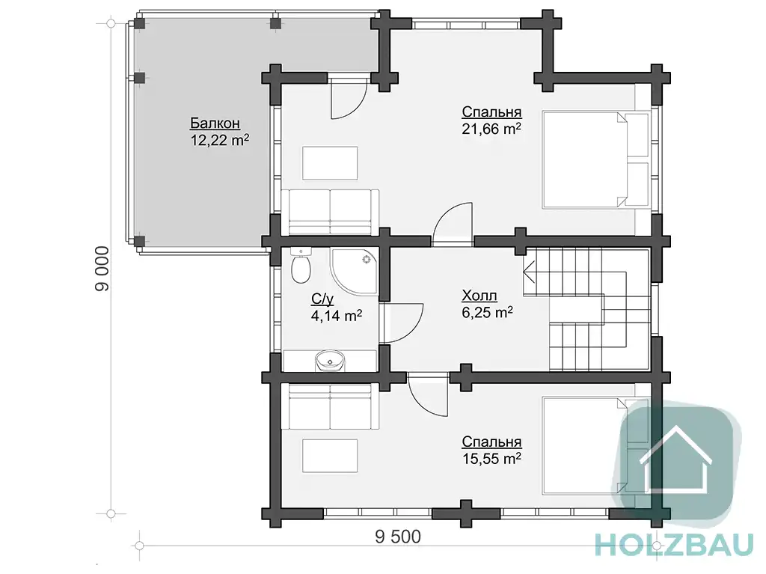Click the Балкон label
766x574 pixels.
(x=215, y=123)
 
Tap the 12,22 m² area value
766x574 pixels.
(x=219, y=141)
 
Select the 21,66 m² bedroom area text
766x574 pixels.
(x=491, y=129)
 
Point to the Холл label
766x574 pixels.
(x=479, y=296)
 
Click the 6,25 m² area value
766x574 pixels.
(x=487, y=312)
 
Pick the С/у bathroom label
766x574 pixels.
(x=322, y=299)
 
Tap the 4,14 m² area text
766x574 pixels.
(x=336, y=315)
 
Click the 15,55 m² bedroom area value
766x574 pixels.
(x=491, y=459)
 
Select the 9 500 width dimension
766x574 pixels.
(x=398, y=537)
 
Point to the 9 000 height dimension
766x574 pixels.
(x=102, y=269)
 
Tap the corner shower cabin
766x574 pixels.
(x=355, y=272)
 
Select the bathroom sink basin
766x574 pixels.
(x=330, y=361)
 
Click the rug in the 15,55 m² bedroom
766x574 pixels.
(x=330, y=457)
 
